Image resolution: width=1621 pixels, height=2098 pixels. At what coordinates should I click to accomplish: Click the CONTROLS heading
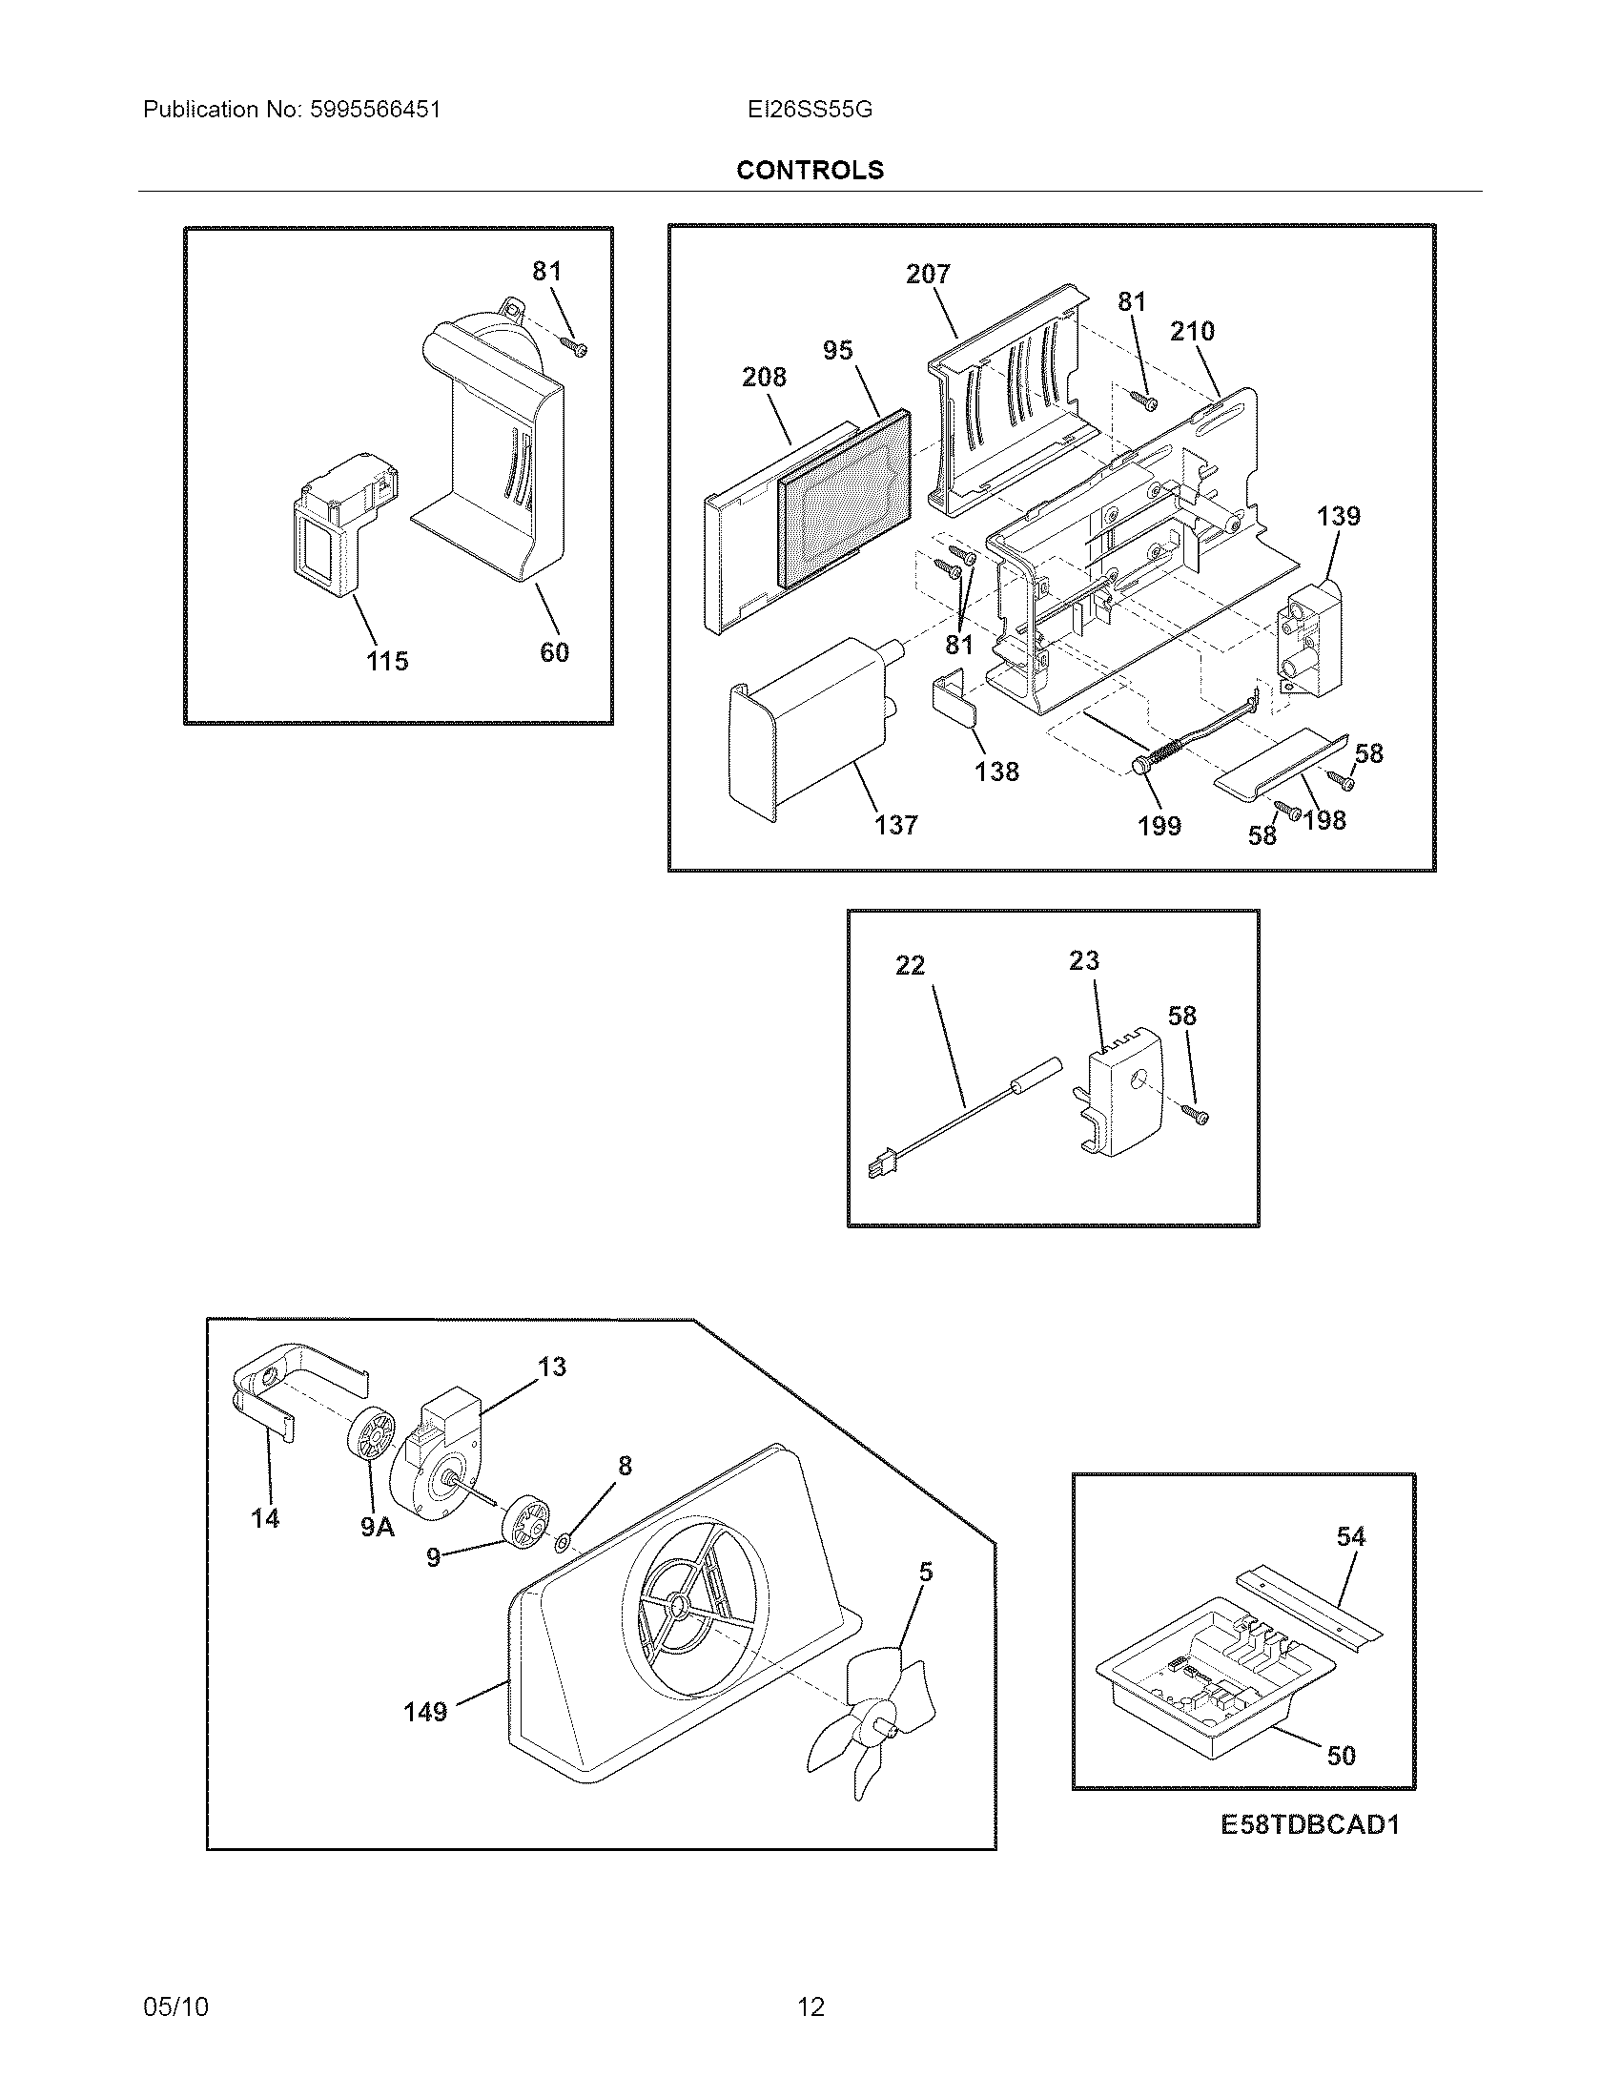[810, 170]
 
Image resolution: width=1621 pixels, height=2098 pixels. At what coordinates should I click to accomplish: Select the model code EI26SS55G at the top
[810, 110]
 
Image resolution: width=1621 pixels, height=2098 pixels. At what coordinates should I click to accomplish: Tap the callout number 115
[386, 661]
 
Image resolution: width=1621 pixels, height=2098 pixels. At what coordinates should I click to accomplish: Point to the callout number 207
[928, 274]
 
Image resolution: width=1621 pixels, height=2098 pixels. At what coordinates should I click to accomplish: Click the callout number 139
[1339, 516]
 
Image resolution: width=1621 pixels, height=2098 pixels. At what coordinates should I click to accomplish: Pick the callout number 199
[1159, 825]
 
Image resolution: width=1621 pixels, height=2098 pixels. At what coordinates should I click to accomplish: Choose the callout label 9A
[378, 1527]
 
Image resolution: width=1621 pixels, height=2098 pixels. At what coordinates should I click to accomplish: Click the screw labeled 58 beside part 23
[1199, 1114]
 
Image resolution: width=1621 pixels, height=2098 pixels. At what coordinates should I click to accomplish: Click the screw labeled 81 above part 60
[575, 346]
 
